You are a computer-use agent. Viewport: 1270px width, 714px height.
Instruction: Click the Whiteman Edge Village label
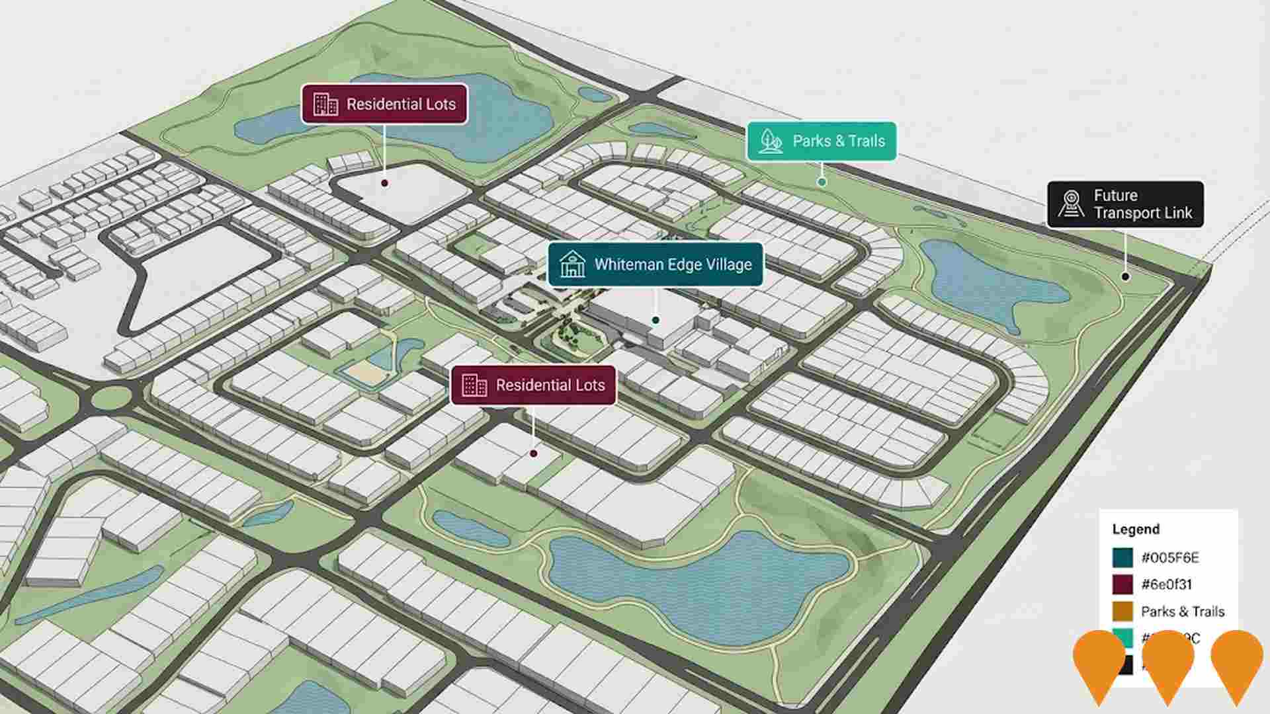click(655, 264)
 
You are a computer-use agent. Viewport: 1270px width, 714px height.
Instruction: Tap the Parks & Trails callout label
click(822, 141)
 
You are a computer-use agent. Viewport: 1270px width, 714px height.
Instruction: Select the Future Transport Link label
click(1125, 204)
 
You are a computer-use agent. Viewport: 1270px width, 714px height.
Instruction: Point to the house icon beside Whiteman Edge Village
click(572, 264)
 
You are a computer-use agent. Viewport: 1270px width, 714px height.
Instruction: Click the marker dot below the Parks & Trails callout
click(822, 182)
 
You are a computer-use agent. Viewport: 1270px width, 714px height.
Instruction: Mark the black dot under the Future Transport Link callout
click(1125, 276)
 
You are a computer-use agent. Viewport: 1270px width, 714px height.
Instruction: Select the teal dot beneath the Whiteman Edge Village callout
click(656, 320)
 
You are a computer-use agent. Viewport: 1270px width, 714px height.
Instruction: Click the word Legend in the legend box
click(1136, 530)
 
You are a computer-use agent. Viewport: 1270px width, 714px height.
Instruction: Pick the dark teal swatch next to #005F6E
click(1122, 557)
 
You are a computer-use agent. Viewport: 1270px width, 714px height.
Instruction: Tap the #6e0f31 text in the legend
click(1167, 584)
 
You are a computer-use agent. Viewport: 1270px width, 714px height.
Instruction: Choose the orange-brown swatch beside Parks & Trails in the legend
click(1122, 612)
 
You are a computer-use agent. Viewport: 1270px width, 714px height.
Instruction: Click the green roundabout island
click(111, 398)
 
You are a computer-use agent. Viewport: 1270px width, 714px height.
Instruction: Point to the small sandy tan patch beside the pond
click(364, 372)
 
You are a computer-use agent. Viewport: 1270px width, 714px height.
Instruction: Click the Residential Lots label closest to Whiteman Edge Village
click(533, 385)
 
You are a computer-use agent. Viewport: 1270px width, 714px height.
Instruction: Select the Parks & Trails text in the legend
click(1183, 612)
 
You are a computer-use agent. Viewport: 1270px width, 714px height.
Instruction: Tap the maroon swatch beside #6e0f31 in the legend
click(1122, 584)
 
